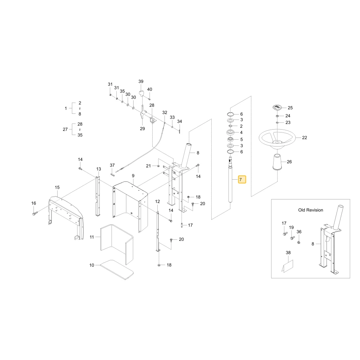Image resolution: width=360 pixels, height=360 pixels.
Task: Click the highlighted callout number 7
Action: point(242,179)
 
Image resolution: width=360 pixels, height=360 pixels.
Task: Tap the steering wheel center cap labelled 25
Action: point(277,107)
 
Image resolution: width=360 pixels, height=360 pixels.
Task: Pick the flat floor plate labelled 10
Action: point(117,270)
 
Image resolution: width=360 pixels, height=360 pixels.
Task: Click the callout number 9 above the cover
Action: point(133,176)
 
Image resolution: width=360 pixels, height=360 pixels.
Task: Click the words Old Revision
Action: point(310,210)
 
